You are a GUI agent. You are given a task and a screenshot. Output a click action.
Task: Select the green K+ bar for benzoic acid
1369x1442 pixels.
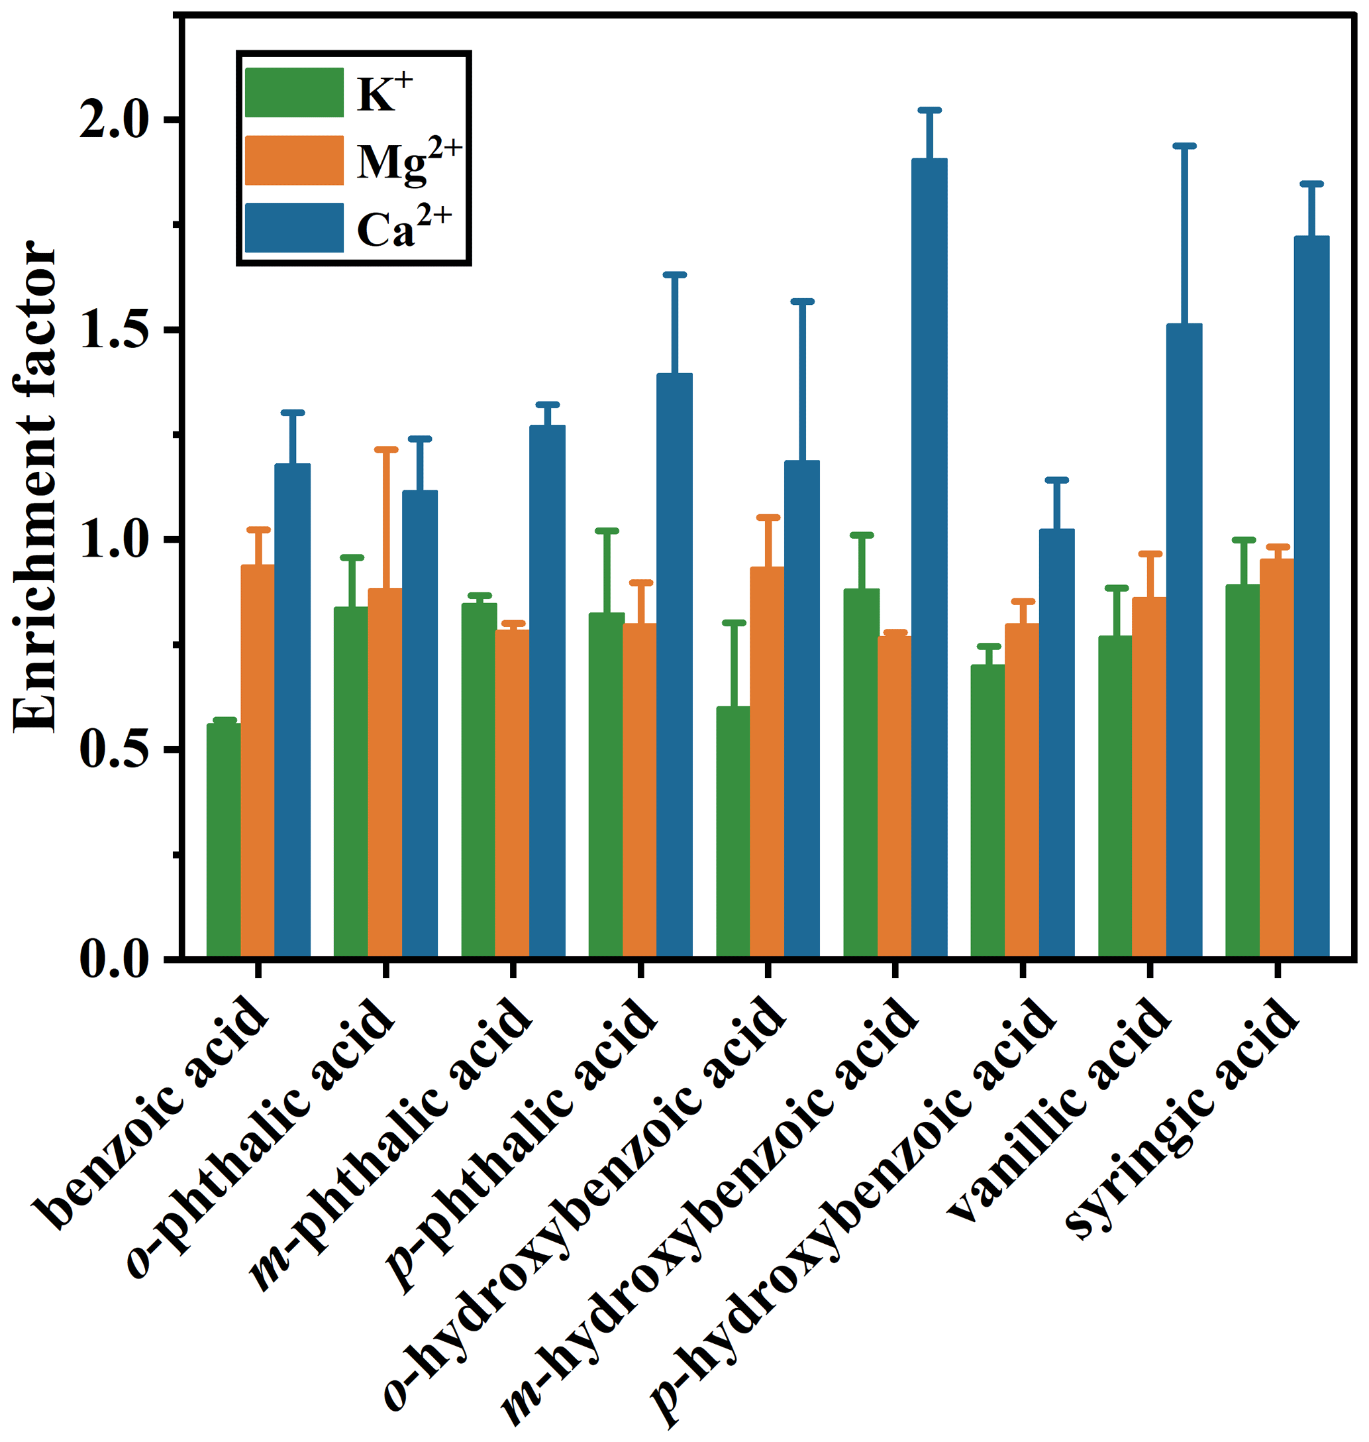point(223,840)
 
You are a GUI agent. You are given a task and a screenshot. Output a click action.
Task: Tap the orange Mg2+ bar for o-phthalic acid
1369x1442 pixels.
point(385,773)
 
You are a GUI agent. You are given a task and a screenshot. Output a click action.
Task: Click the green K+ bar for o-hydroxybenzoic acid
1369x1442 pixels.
point(733,832)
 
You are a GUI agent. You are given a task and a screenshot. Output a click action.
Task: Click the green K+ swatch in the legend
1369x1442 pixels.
point(294,93)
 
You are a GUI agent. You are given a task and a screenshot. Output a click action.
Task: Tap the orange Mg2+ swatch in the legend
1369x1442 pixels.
point(294,160)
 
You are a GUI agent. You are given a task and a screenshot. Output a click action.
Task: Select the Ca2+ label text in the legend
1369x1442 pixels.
point(403,228)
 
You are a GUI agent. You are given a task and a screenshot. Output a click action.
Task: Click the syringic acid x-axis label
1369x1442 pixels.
point(1182,1113)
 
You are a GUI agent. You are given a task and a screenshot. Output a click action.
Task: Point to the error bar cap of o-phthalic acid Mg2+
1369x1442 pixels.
point(385,450)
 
